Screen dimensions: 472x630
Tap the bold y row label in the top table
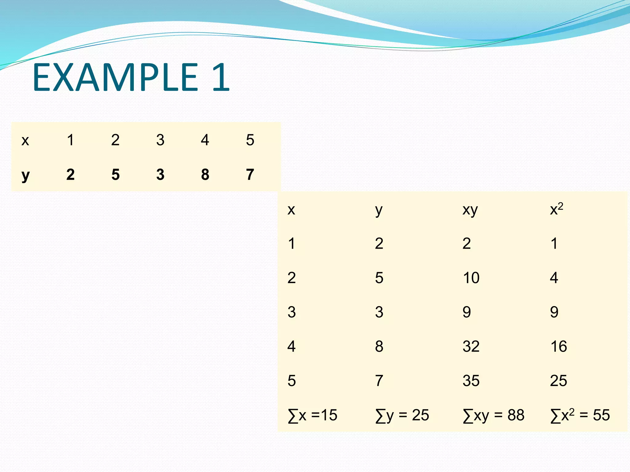click(26, 175)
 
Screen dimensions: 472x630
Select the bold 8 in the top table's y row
click(205, 175)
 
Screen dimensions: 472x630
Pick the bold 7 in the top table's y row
click(250, 175)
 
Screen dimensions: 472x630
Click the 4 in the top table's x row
click(205, 140)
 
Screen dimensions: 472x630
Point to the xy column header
click(470, 210)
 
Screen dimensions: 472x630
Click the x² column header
click(556, 210)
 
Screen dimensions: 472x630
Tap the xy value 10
click(471, 278)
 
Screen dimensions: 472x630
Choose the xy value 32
click(471, 347)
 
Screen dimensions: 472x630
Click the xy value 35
click(471, 381)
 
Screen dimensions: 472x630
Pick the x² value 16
click(558, 347)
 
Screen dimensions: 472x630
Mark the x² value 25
click(558, 381)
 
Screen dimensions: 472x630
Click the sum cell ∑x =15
click(313, 415)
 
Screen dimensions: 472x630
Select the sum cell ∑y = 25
click(402, 415)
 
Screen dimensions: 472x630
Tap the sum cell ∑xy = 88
click(493, 415)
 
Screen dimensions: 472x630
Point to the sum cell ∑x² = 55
click(580, 415)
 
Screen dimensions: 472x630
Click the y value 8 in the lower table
click(379, 347)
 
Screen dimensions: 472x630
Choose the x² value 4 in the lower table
click(554, 278)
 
